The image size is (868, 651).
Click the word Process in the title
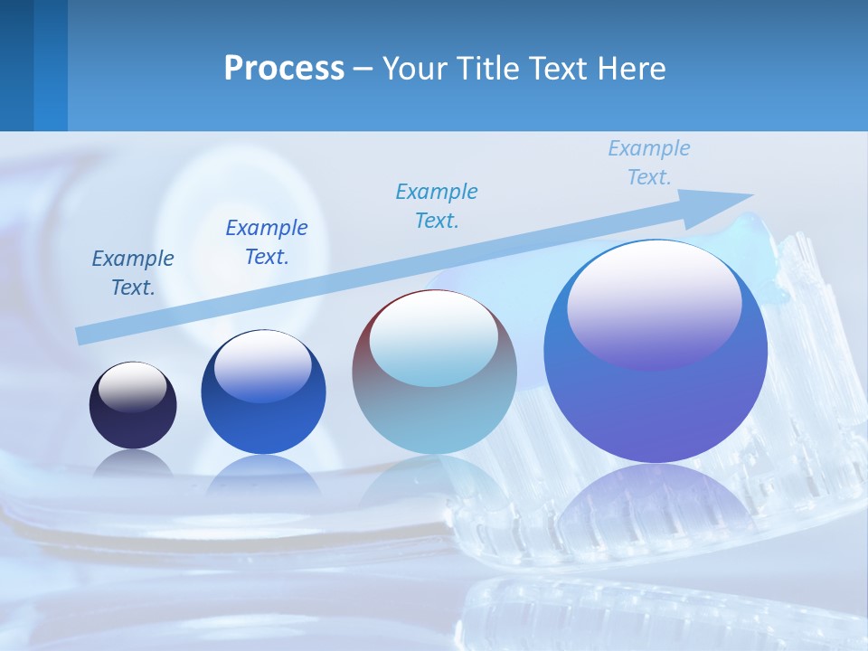pyautogui.click(x=284, y=69)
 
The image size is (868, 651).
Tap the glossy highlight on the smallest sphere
pyautogui.click(x=132, y=384)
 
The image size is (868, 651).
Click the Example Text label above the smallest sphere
pyautogui.click(x=133, y=273)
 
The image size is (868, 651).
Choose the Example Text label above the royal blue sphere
pyautogui.click(x=267, y=242)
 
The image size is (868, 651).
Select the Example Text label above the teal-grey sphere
pyautogui.click(x=437, y=206)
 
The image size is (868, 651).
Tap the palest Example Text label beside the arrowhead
pyautogui.click(x=648, y=163)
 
